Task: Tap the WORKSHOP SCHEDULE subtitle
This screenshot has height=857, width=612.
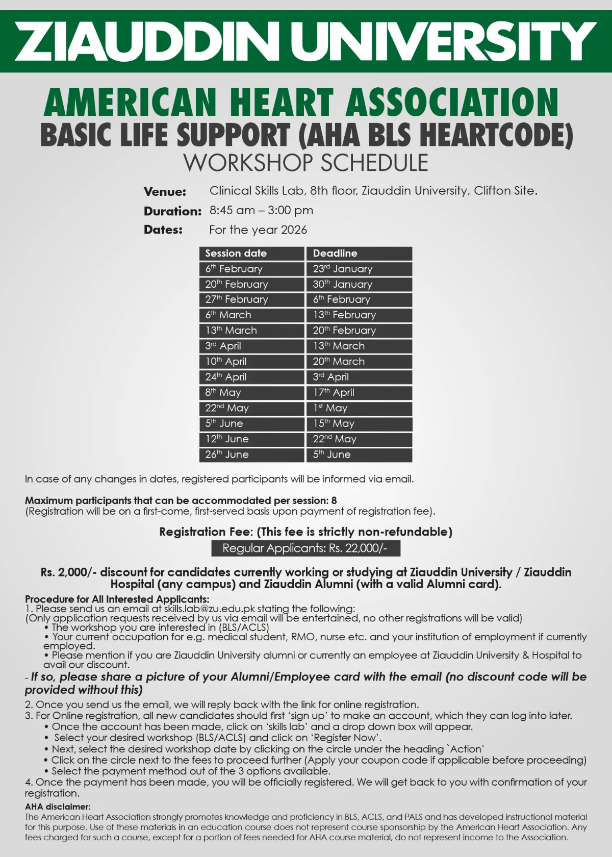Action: pyautogui.click(x=306, y=163)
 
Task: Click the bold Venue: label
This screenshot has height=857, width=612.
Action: pyautogui.click(x=165, y=192)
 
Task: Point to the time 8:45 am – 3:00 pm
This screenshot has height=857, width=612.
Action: pyautogui.click(x=261, y=210)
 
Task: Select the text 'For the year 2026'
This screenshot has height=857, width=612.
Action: pyautogui.click(x=258, y=230)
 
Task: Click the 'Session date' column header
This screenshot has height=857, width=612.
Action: pyautogui.click(x=251, y=253)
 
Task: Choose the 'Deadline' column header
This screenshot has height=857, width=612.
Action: pyautogui.click(x=359, y=253)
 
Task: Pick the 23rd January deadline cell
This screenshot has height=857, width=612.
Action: pyautogui.click(x=359, y=269)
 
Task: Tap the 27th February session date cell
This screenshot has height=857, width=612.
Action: pyautogui.click(x=251, y=299)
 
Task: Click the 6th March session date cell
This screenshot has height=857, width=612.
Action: pyautogui.click(x=251, y=315)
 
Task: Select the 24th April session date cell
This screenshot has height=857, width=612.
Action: pyautogui.click(x=251, y=377)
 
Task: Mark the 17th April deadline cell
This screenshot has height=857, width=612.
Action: pyautogui.click(x=359, y=392)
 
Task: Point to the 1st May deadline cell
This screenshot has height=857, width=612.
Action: pyautogui.click(x=359, y=408)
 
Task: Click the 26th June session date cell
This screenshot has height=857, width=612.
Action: pyautogui.click(x=251, y=455)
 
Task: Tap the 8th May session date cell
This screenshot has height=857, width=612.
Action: pyautogui.click(x=251, y=392)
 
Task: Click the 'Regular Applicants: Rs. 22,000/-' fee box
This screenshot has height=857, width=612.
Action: pyautogui.click(x=305, y=548)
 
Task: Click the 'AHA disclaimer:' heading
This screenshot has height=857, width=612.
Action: pyautogui.click(x=58, y=806)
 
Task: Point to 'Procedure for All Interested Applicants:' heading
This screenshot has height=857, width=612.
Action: pyautogui.click(x=117, y=599)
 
